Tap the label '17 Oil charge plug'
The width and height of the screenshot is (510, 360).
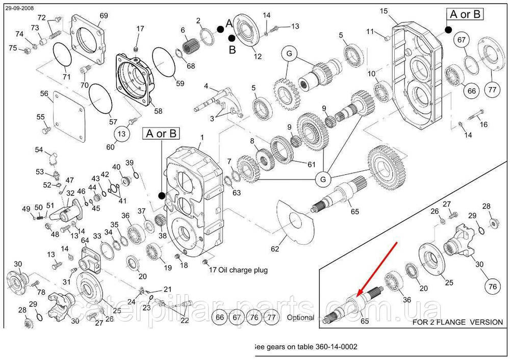pos(238,270)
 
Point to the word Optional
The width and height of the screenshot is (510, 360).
pos(300,317)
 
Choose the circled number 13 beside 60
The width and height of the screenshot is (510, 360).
pos(121,134)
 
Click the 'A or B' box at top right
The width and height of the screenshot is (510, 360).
pos(465,14)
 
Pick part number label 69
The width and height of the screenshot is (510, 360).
pos(104,16)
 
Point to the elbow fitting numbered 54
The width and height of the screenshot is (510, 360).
pos(53,158)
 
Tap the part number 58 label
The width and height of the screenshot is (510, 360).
pos(158,111)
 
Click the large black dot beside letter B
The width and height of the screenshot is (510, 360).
pos(232,38)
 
